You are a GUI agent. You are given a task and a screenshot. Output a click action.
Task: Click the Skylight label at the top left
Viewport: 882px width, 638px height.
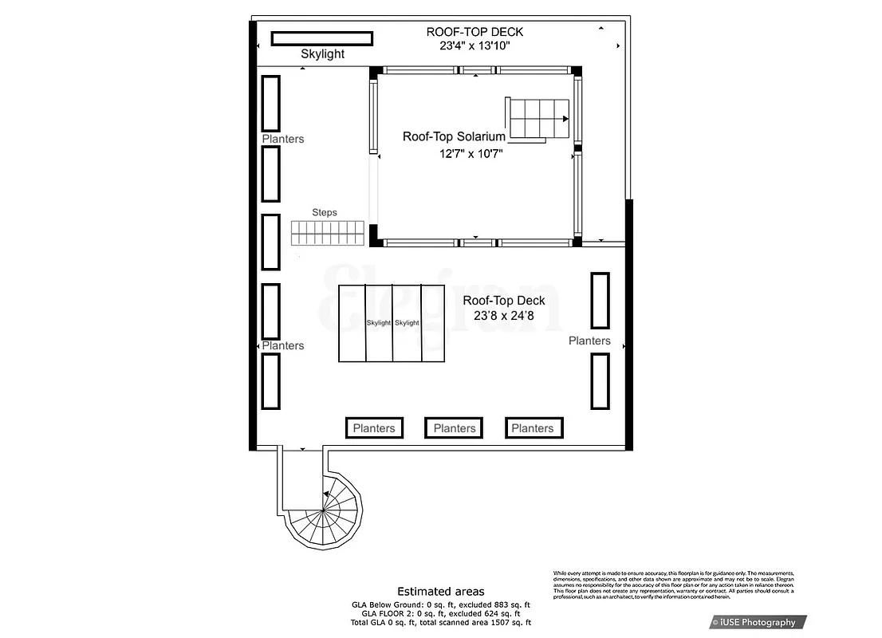click(322, 54)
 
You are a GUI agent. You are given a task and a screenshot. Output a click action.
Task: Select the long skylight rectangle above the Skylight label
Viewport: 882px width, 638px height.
click(322, 38)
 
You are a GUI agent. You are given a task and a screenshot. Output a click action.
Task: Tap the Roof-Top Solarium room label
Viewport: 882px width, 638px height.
click(454, 136)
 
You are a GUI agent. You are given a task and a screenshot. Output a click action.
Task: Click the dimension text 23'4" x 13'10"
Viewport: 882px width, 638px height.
click(474, 46)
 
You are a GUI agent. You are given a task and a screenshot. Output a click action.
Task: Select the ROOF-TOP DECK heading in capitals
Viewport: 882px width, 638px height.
click(474, 32)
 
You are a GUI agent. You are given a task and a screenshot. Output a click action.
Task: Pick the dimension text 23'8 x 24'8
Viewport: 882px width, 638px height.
click(504, 316)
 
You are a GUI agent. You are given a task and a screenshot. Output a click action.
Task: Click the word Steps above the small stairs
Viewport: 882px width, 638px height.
click(325, 213)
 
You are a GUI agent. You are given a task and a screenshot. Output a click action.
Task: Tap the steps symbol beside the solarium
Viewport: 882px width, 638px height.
click(327, 233)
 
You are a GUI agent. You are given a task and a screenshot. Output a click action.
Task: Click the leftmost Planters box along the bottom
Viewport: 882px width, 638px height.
click(374, 428)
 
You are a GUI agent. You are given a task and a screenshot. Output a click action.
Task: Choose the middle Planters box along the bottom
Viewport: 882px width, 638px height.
click(454, 428)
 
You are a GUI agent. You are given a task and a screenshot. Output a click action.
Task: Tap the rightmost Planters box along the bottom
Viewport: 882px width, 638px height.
click(534, 428)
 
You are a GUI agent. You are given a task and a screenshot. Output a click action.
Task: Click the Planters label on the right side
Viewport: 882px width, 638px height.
click(589, 341)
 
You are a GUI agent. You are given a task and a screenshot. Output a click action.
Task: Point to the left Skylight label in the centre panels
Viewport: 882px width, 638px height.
click(379, 323)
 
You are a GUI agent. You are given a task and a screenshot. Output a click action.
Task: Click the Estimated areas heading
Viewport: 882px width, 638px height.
click(441, 592)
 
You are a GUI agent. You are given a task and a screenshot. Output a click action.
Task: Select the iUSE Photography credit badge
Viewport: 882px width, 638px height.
click(758, 622)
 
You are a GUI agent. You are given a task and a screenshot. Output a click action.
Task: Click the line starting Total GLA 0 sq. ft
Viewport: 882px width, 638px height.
click(441, 622)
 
